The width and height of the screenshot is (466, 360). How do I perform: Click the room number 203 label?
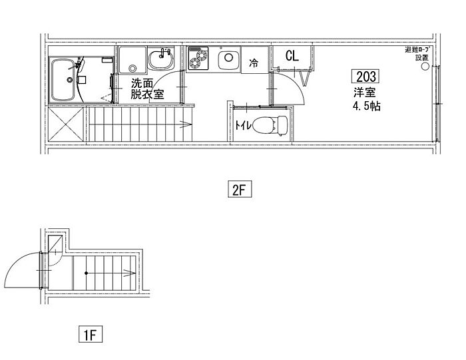pyautogui.click(x=365, y=77)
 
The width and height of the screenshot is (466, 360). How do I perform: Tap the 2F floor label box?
pyautogui.click(x=240, y=189)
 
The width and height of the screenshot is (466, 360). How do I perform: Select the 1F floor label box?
pyautogui.click(x=91, y=334)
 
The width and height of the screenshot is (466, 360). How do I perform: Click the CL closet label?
pyautogui.click(x=292, y=56)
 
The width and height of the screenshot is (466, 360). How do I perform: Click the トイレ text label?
pyautogui.click(x=244, y=125)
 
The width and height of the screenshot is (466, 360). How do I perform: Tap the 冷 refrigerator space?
pyautogui.click(x=254, y=60)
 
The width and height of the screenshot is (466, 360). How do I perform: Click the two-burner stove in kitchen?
pyautogui.click(x=198, y=58)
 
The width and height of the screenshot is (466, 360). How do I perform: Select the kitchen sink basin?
pyautogui.click(x=228, y=58)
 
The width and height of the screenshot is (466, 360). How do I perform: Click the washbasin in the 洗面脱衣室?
pyautogui.click(x=161, y=59)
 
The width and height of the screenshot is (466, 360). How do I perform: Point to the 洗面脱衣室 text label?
pyautogui.click(x=147, y=89)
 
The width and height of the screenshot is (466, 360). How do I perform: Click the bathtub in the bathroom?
pyautogui.click(x=63, y=80)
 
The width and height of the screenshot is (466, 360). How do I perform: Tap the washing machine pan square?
pyautogui.click(x=132, y=60)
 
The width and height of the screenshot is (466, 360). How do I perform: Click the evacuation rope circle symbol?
pyautogui.click(x=425, y=66)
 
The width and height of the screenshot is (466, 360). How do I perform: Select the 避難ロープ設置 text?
pyautogui.click(x=419, y=53)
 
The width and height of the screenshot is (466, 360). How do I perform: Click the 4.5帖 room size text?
pyautogui.click(x=366, y=106)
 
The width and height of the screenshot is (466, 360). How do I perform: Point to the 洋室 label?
pyautogui.click(x=364, y=92)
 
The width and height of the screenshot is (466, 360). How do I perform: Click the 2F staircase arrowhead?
pyautogui.click(x=186, y=124)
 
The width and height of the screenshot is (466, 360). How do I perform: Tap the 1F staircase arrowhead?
pyautogui.click(x=130, y=273)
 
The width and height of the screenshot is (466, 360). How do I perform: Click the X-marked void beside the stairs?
pyautogui.click(x=66, y=124)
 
